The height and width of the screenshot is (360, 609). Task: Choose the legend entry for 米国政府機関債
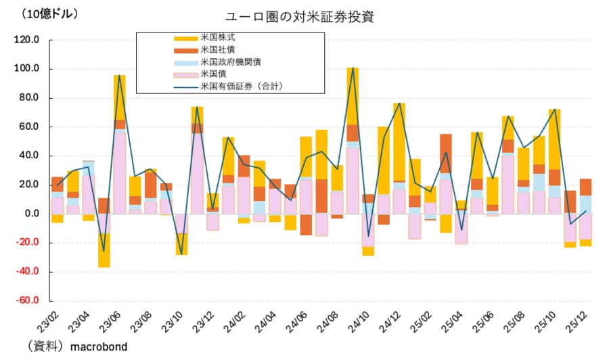tap(231, 62)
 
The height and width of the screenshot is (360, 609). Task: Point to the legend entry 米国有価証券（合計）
tap(241, 87)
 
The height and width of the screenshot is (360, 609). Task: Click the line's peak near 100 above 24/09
tap(353, 68)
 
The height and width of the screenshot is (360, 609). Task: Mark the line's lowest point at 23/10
tap(181, 254)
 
